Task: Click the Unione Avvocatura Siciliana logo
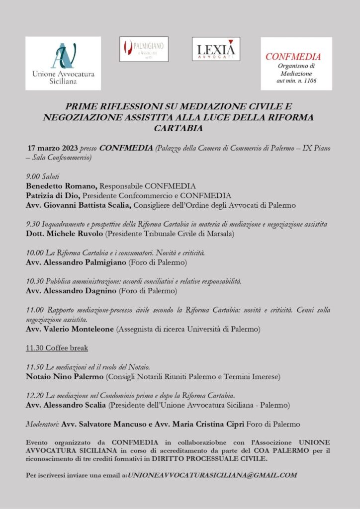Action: [x=63, y=63]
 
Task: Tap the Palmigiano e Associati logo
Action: [x=144, y=49]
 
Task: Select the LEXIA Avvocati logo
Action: [x=216, y=49]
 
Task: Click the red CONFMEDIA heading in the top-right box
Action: [x=293, y=57]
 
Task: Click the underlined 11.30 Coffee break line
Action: [x=57, y=348]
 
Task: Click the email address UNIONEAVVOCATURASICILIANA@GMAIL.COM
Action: [x=212, y=475]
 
